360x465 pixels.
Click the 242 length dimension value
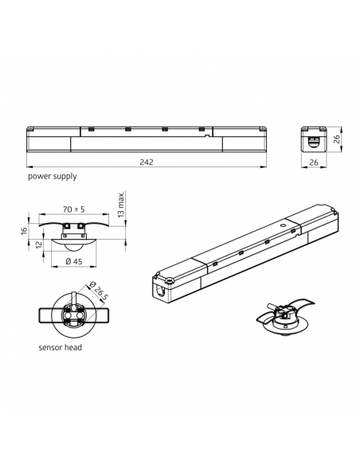(x=147, y=162)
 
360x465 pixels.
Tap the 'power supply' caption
(x=53, y=176)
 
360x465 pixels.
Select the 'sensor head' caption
(x=61, y=347)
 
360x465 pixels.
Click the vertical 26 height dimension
(x=337, y=139)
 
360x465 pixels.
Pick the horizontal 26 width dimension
(x=314, y=162)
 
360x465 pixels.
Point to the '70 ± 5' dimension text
(x=74, y=209)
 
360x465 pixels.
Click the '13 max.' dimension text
(x=121, y=205)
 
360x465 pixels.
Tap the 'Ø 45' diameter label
(x=74, y=261)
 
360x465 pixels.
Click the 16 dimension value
(x=25, y=231)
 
